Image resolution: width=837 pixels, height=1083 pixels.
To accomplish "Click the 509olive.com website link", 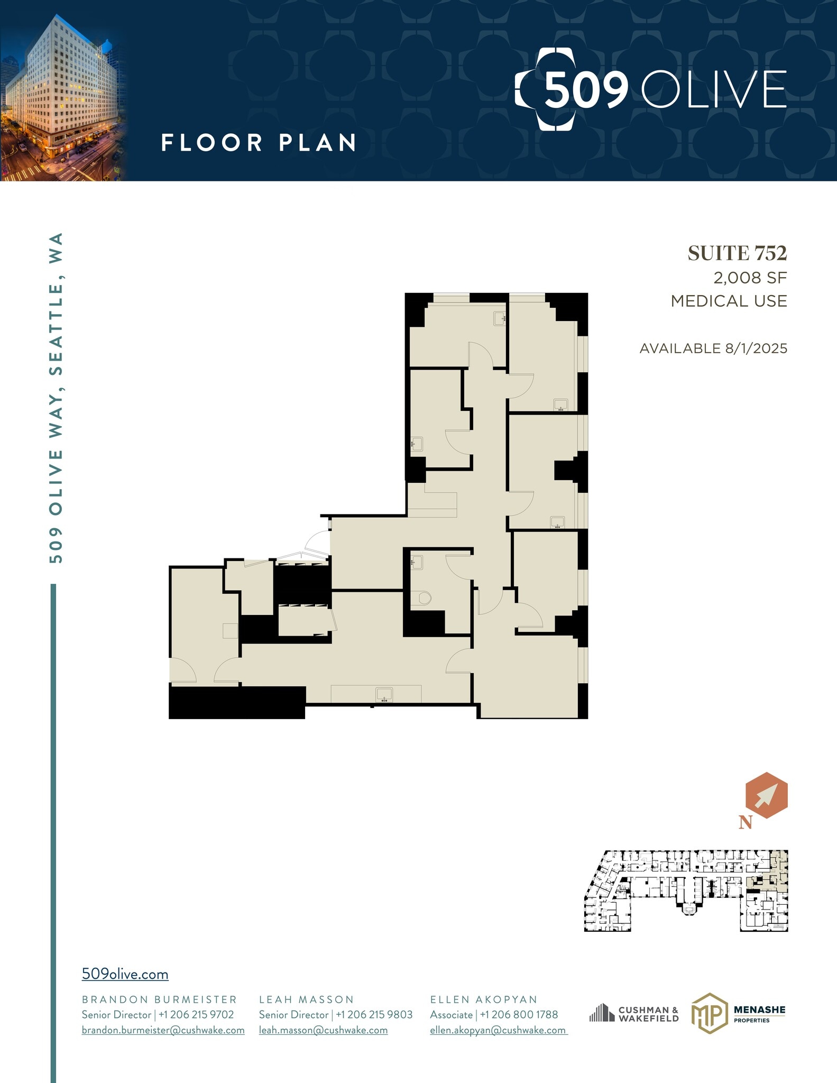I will pyautogui.click(x=125, y=974).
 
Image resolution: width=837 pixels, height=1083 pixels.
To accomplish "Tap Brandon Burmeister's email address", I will pyautogui.click(x=163, y=1030).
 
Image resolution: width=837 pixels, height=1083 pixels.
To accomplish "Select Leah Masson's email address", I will pyautogui.click(x=323, y=1030).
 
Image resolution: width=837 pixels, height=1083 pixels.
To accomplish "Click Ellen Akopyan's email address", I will pyautogui.click(x=498, y=1030).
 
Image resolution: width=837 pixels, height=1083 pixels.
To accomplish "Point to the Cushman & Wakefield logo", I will pyautogui.click(x=634, y=1014).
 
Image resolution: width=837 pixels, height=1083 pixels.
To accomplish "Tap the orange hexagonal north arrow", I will pyautogui.click(x=766, y=795).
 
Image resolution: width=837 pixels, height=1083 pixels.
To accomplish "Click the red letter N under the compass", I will pyautogui.click(x=746, y=822).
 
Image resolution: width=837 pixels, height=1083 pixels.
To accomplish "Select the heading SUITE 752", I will pyautogui.click(x=737, y=254).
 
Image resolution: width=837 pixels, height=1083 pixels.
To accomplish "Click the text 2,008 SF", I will pyautogui.click(x=750, y=278).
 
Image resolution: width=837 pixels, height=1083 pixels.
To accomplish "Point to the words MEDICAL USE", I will pyautogui.click(x=729, y=301).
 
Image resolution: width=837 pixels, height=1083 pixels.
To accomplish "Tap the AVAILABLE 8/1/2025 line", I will pyautogui.click(x=713, y=348).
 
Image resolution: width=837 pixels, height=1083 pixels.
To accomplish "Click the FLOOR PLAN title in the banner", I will pyautogui.click(x=259, y=143).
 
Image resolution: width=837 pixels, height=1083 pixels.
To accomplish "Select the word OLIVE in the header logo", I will pyautogui.click(x=714, y=89).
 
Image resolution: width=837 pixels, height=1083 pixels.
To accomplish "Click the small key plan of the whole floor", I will pyautogui.click(x=686, y=891).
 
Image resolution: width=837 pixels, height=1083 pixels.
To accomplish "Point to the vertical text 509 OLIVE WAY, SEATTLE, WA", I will pyautogui.click(x=56, y=398).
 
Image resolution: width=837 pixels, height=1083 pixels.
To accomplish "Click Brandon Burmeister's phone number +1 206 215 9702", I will pyautogui.click(x=196, y=1014).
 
